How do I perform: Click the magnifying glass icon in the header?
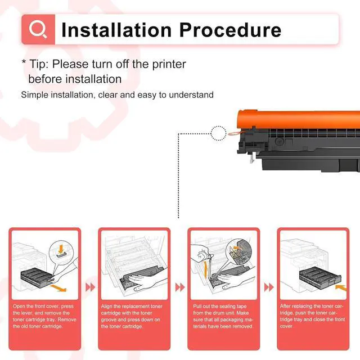pyautogui.click(x=38, y=29)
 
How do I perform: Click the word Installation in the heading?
pyautogui.click(x=116, y=30)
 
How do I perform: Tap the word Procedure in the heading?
pyautogui.click(x=230, y=30)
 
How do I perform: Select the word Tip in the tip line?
pyautogui.click(x=39, y=64)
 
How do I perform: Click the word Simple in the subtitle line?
pyautogui.click(x=34, y=95)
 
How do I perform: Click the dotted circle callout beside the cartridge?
pyautogui.click(x=218, y=133)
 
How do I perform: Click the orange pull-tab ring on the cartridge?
pyautogui.click(x=233, y=133)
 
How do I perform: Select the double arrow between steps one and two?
pyautogui.click(x=90, y=287)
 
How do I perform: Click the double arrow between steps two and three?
pyautogui.click(x=180, y=287)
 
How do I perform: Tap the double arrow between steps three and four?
pyautogui.click(x=269, y=287)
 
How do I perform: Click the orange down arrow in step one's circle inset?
pyautogui.click(x=61, y=249)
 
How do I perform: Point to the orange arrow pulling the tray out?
pyautogui.click(x=58, y=288)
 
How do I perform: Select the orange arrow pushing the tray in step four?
pyautogui.click(x=341, y=287)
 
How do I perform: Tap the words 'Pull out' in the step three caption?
pyautogui.click(x=201, y=306)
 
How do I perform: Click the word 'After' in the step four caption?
pyautogui.click(x=285, y=306)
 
